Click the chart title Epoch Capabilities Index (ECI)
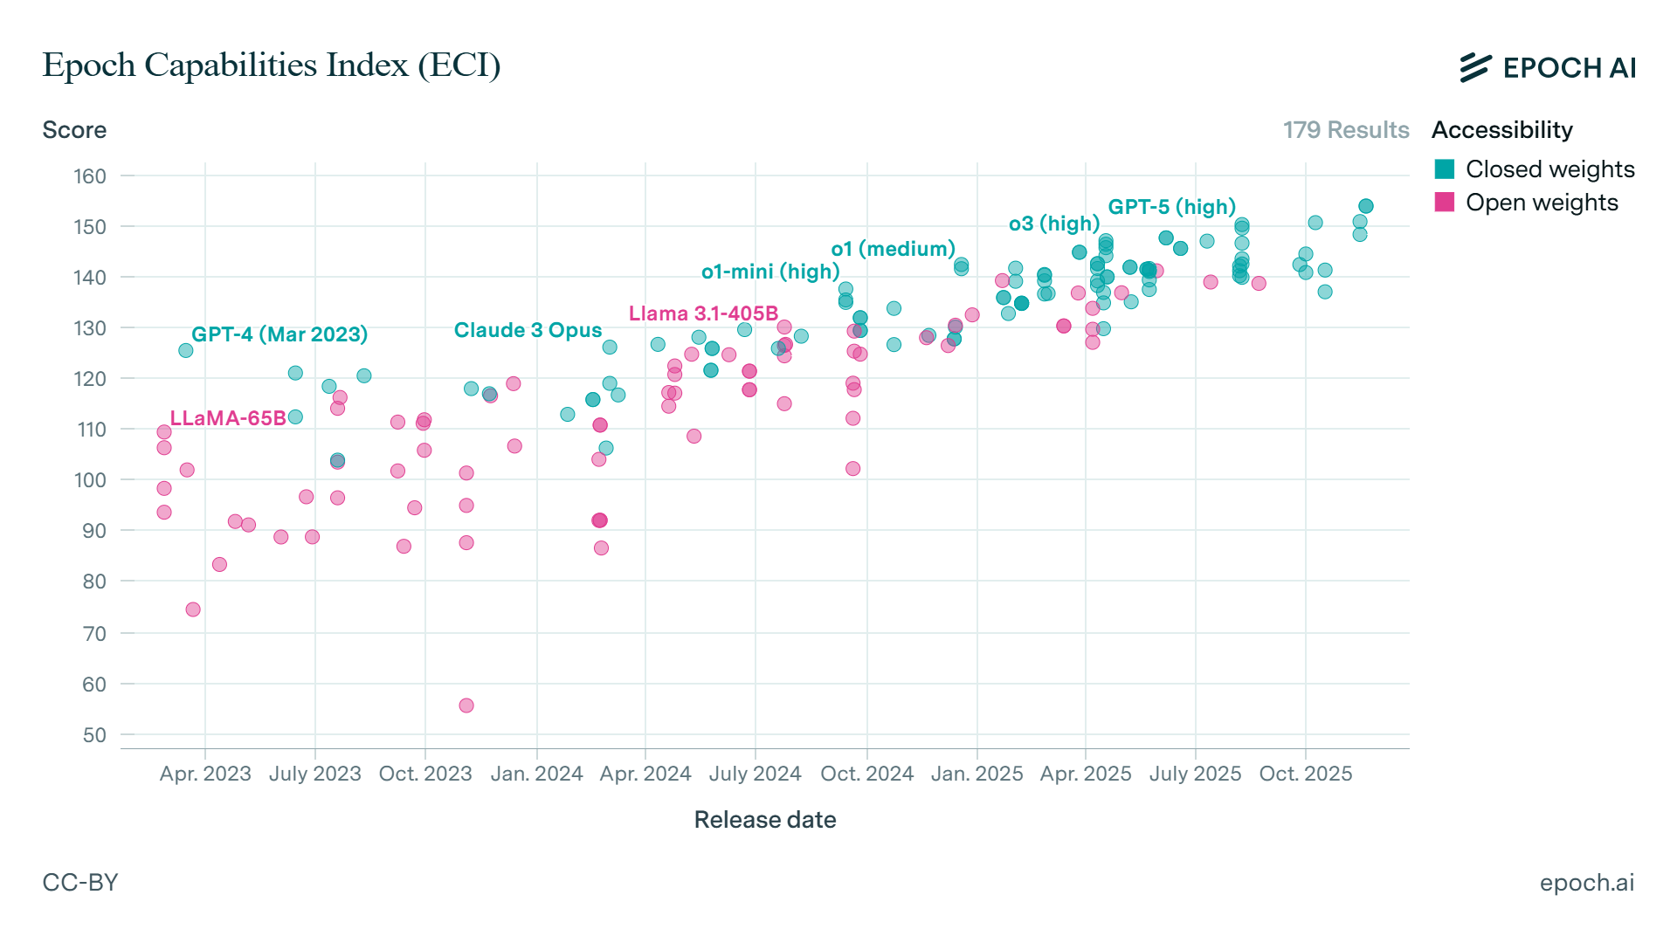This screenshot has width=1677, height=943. pyautogui.click(x=271, y=65)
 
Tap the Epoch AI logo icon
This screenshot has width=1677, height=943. pyautogui.click(x=1475, y=67)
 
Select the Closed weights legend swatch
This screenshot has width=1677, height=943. pyautogui.click(x=1445, y=169)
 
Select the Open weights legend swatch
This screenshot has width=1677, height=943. pyautogui.click(x=1445, y=203)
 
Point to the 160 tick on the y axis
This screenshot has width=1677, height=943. pyautogui.click(x=90, y=176)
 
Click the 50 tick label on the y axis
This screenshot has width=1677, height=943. pyautogui.click(x=94, y=735)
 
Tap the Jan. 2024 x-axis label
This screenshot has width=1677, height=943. pyautogui.click(x=536, y=774)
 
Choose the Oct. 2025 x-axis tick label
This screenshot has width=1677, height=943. pyautogui.click(x=1305, y=774)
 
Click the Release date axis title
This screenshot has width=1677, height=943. pyautogui.click(x=764, y=820)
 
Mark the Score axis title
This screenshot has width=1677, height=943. pyautogui.click(x=74, y=130)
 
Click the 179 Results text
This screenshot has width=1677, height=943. pyautogui.click(x=1345, y=130)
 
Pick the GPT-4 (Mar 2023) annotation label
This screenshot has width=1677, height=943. pyautogui.click(x=279, y=334)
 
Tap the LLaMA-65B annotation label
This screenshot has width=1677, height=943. pyautogui.click(x=228, y=418)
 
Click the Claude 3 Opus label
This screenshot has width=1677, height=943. pyautogui.click(x=528, y=330)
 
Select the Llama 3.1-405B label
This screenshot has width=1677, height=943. pyautogui.click(x=703, y=313)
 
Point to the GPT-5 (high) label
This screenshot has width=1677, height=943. pyautogui.click(x=1171, y=207)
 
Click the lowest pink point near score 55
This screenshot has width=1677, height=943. pyautogui.click(x=466, y=706)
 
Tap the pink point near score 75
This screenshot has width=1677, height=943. pyautogui.click(x=193, y=609)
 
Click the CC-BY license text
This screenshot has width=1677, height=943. pyautogui.click(x=80, y=883)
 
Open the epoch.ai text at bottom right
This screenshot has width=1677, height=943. pyautogui.click(x=1586, y=883)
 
